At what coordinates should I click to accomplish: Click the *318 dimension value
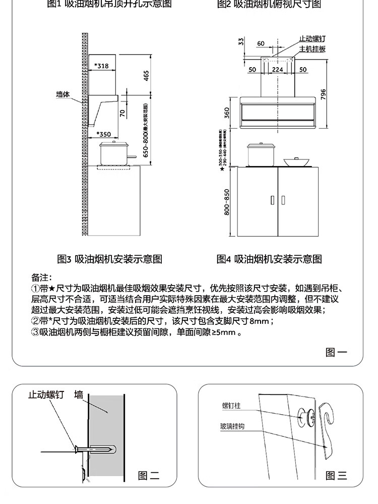click(x=101, y=66)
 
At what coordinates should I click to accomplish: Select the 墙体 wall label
click(x=63, y=94)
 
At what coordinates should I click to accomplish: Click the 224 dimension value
click(x=277, y=70)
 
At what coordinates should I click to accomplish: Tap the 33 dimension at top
click(x=241, y=41)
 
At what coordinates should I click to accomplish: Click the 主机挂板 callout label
click(x=312, y=49)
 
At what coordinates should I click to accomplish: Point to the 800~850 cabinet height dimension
click(x=227, y=202)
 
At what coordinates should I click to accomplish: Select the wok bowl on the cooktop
click(x=296, y=162)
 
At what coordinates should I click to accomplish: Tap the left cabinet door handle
click(x=273, y=200)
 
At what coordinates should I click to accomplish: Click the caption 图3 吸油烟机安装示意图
click(x=109, y=259)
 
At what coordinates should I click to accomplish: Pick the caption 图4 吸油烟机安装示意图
click(x=269, y=259)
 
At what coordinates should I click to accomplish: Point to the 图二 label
click(x=149, y=475)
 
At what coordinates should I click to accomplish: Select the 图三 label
click(x=336, y=475)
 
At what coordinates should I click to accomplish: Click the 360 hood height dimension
click(x=227, y=112)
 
